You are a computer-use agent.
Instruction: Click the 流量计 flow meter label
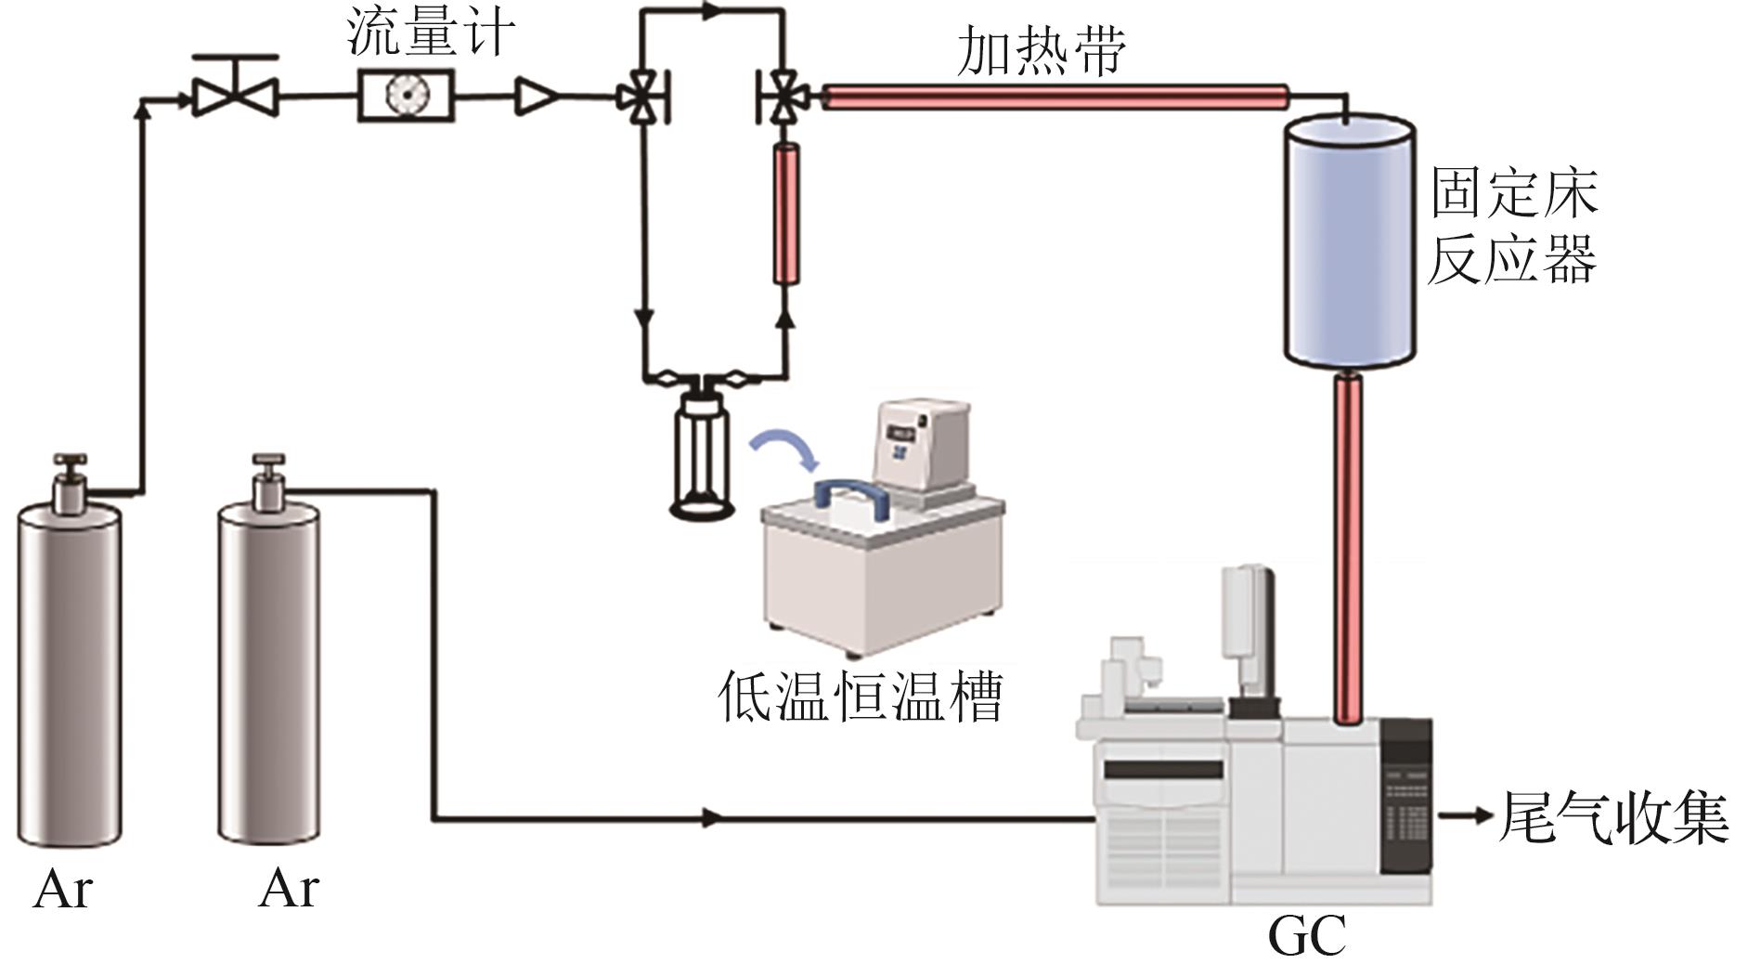(430, 34)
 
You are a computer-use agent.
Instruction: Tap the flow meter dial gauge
(406, 96)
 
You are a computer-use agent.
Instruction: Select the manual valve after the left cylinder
(234, 91)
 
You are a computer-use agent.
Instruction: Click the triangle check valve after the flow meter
(536, 96)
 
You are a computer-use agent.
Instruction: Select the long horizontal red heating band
(1055, 96)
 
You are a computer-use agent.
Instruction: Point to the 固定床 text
(1512, 192)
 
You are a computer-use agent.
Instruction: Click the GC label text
(1306, 936)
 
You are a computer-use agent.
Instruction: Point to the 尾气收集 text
(1613, 817)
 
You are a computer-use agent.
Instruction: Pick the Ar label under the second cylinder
(288, 889)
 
